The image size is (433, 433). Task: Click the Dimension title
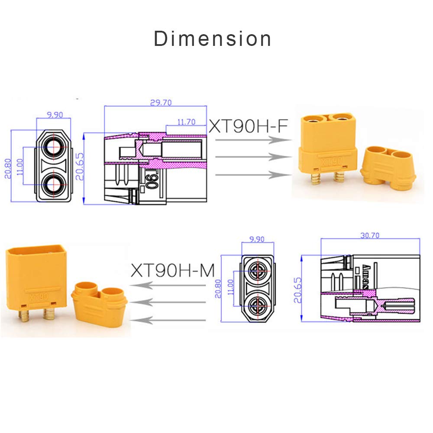click(213, 39)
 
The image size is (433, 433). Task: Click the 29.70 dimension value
click(161, 103)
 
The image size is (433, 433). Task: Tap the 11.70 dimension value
click(186, 122)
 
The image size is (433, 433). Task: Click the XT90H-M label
click(173, 271)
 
